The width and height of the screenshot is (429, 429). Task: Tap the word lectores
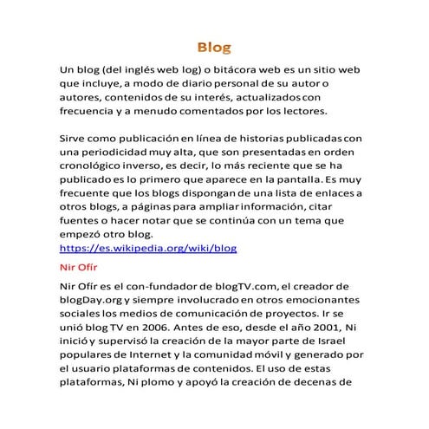click(x=301, y=112)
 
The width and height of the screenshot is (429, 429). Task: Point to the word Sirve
click(x=73, y=139)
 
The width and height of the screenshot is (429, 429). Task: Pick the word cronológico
click(x=94, y=167)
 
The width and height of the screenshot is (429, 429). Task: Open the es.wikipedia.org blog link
click(x=147, y=249)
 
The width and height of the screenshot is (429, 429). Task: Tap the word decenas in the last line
click(x=329, y=383)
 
